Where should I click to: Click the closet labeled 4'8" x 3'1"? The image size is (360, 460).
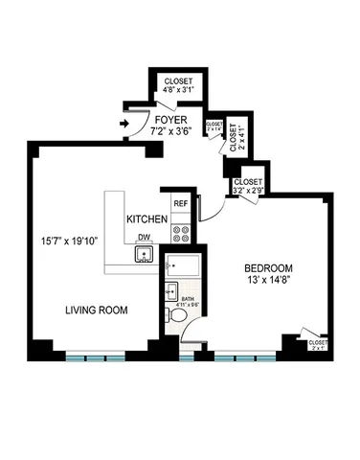[x=178, y=86]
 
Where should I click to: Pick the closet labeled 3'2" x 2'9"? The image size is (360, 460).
[x=248, y=185]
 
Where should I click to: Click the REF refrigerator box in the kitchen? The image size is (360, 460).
[x=180, y=204]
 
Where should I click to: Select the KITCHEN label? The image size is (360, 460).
[x=147, y=219]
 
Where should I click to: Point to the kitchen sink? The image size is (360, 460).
[x=145, y=255]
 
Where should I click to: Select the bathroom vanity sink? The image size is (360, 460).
[x=170, y=291]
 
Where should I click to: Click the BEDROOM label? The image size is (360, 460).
[x=268, y=267]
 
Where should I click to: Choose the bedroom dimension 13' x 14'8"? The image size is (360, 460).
[x=268, y=280]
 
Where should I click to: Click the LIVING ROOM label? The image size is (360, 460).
[x=97, y=310]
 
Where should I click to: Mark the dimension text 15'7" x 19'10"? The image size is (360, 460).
[x=68, y=240]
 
